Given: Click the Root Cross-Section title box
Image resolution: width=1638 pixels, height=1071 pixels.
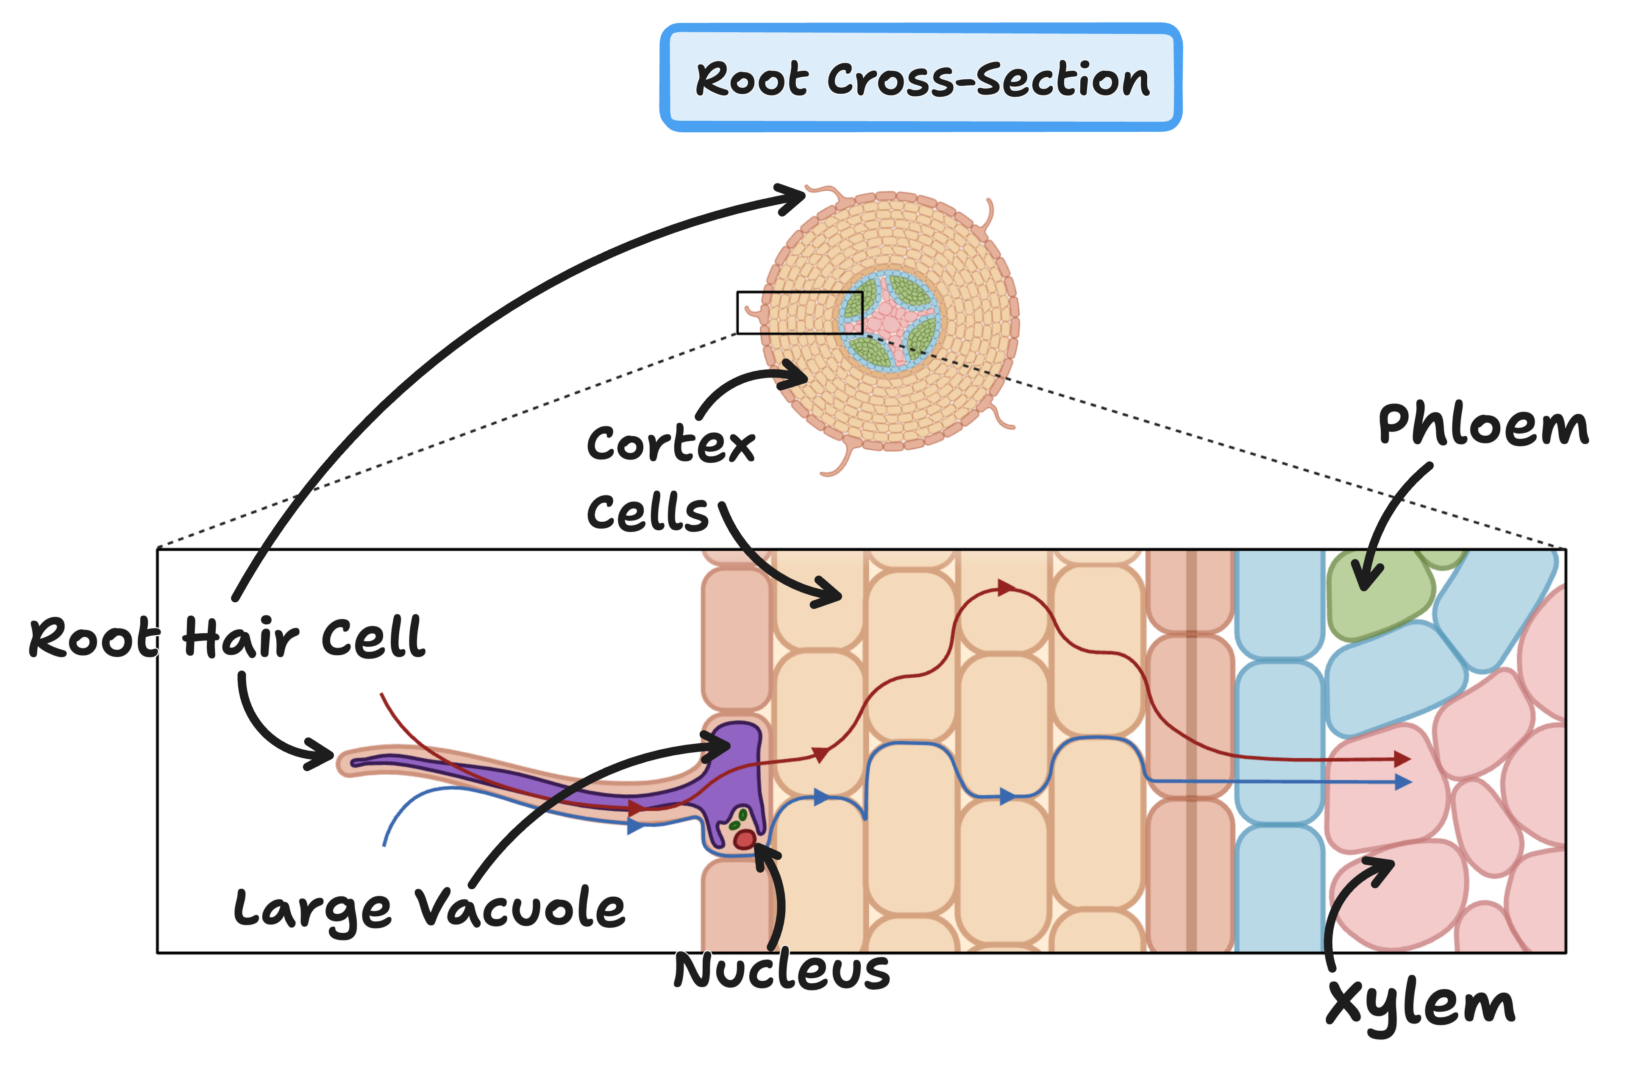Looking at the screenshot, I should (x=921, y=78).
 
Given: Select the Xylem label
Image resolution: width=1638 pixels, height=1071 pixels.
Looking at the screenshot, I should (x=1421, y=1006).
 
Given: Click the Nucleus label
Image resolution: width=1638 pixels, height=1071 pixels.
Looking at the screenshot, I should (x=781, y=971).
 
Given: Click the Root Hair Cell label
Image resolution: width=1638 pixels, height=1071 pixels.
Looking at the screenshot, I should (x=227, y=637).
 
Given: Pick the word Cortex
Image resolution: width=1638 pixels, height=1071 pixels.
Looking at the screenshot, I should (x=670, y=444).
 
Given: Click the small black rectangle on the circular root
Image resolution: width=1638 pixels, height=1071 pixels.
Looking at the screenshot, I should (x=800, y=312).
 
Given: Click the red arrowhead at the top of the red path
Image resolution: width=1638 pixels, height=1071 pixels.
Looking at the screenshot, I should (x=1006, y=587).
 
